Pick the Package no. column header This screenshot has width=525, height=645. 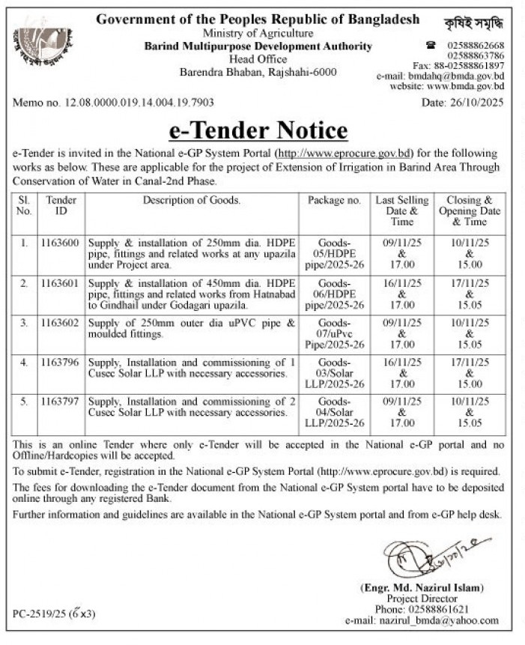pos(334,200)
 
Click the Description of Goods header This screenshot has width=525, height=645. pos(192,200)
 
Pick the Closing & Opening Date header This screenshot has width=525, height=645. pos(469,211)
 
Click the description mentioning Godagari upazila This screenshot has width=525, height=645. pos(192,294)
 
